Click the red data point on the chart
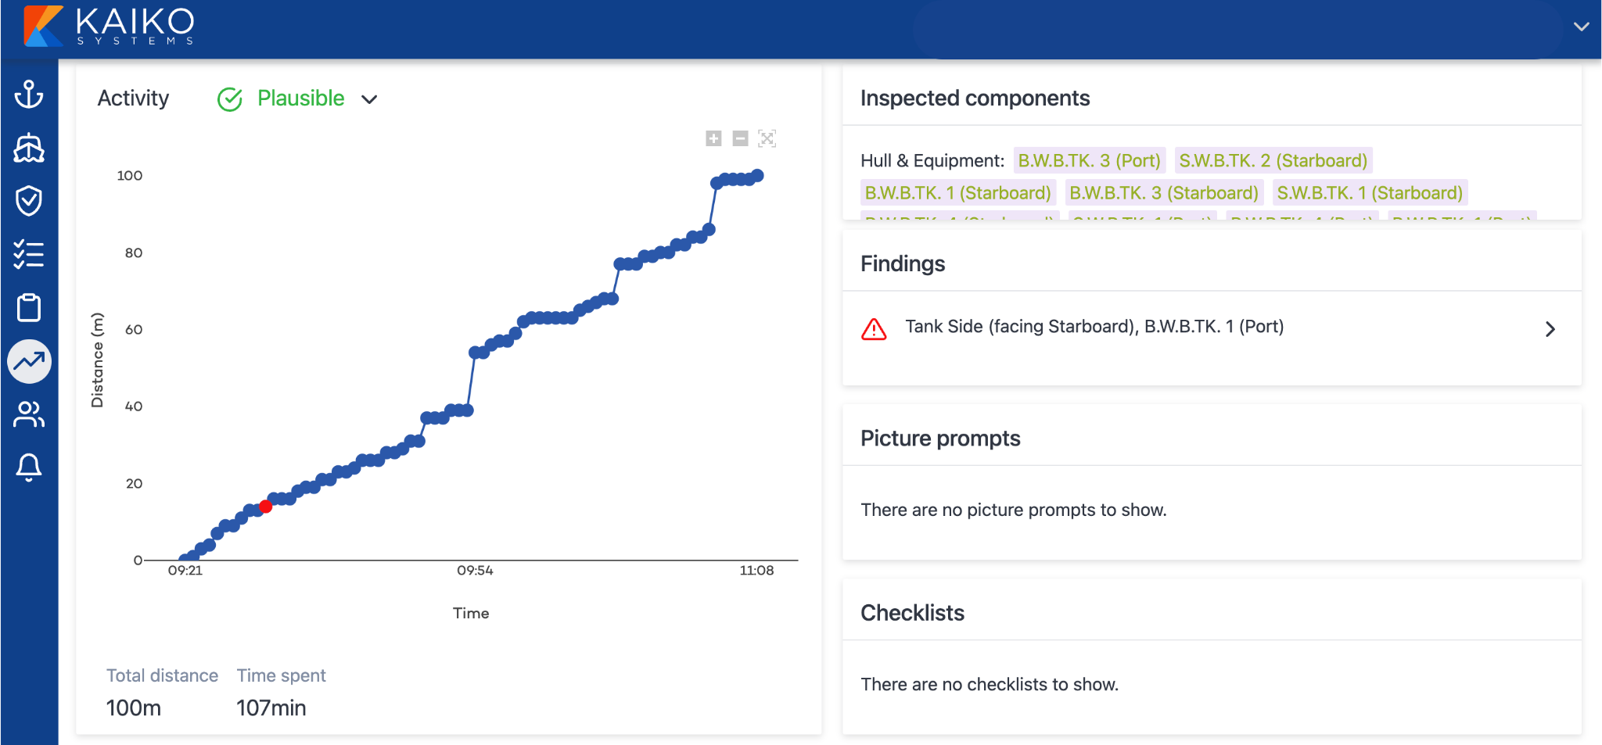click(266, 507)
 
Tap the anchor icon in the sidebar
click(29, 95)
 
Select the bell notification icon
click(29, 467)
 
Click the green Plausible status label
click(300, 98)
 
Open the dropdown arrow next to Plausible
click(369, 99)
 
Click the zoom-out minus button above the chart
click(740, 138)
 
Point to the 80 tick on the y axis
click(134, 253)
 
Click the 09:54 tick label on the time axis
click(475, 571)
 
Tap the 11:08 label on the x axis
click(756, 571)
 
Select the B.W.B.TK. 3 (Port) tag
click(1089, 160)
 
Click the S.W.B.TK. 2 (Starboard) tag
click(1273, 160)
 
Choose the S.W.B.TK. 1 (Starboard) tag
click(1369, 192)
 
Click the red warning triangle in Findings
click(874, 329)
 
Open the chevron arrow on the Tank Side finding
click(1550, 329)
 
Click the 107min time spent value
click(271, 707)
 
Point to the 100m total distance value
click(133, 707)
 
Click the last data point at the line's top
click(757, 176)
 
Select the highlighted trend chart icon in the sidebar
click(29, 361)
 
